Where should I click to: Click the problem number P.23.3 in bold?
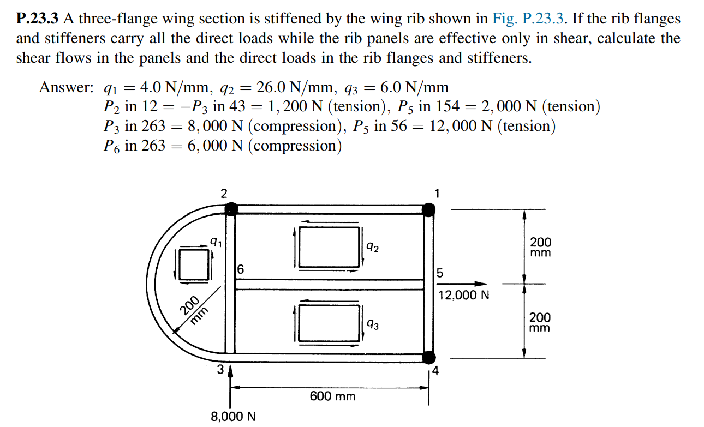tap(38, 19)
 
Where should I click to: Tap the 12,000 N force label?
tap(463, 296)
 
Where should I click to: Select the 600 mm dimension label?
tap(332, 396)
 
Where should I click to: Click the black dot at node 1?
tap(429, 209)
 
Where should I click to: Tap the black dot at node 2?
tap(231, 208)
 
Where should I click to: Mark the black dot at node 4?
tap(429, 357)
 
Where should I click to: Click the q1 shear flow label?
tap(216, 240)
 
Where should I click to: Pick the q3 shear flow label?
tap(373, 325)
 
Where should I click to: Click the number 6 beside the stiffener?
tap(241, 269)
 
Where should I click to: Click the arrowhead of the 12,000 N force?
tap(480, 284)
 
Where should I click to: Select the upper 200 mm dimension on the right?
tap(540, 247)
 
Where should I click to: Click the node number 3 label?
tap(220, 370)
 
